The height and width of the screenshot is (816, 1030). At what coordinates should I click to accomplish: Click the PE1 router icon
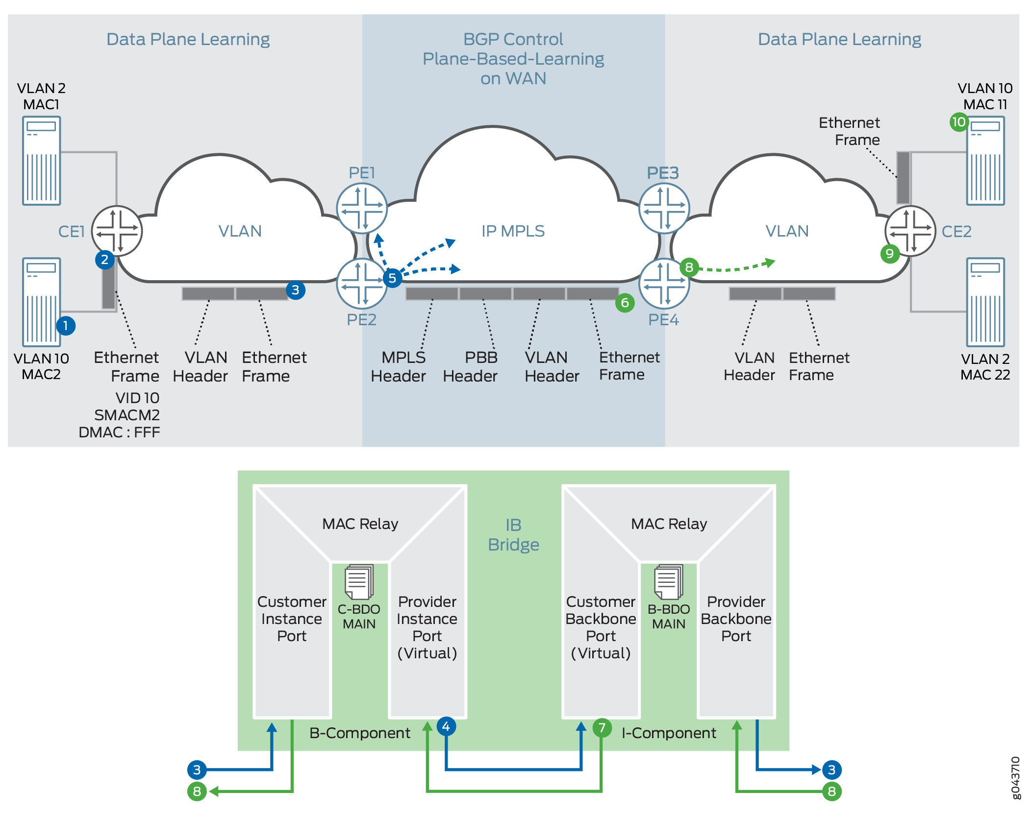click(x=362, y=208)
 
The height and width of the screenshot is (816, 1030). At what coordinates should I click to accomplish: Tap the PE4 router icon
click(x=664, y=283)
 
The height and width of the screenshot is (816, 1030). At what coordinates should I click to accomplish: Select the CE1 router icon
click(x=117, y=231)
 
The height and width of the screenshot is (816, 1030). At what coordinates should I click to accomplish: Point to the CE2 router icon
click(x=910, y=231)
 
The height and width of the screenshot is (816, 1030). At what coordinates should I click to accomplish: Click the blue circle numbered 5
click(x=392, y=278)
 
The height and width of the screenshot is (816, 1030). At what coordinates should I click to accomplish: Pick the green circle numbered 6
click(x=625, y=303)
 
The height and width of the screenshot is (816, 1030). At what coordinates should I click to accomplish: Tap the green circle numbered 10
click(x=958, y=122)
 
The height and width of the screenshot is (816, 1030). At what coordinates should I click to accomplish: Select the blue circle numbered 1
click(x=66, y=326)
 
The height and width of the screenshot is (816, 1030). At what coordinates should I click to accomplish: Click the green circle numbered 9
click(x=889, y=254)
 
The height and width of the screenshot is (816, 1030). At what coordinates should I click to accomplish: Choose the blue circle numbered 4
click(x=446, y=726)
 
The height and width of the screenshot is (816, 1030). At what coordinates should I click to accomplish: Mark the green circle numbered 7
click(x=602, y=728)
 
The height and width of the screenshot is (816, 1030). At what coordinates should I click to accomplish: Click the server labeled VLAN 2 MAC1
click(x=42, y=160)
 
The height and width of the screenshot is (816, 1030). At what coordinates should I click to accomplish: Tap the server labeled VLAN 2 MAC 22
click(x=985, y=302)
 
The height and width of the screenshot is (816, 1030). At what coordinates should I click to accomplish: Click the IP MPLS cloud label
click(x=513, y=231)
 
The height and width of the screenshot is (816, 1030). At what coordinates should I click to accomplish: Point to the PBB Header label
click(x=470, y=366)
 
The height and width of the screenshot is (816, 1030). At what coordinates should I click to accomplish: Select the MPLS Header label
click(x=398, y=366)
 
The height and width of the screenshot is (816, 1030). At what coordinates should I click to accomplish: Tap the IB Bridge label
click(x=513, y=534)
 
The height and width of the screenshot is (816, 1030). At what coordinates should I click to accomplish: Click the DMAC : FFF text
click(x=119, y=432)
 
